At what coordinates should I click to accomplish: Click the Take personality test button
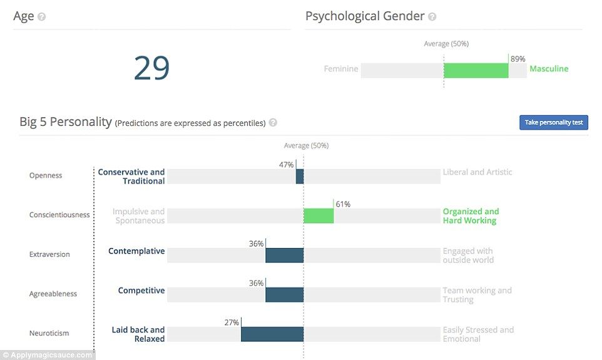pyautogui.click(x=553, y=122)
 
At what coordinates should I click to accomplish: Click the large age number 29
pyautogui.click(x=151, y=68)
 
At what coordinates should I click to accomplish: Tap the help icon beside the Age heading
pyautogui.click(x=42, y=17)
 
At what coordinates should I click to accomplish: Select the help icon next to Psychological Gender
pyautogui.click(x=432, y=17)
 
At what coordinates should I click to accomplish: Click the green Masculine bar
pyautogui.click(x=476, y=70)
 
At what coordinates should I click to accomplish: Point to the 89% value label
pyautogui.click(x=518, y=59)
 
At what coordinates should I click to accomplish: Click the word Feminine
pyautogui.click(x=341, y=69)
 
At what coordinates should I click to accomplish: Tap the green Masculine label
pyautogui.click(x=549, y=69)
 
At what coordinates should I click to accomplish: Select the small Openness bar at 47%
pyautogui.click(x=300, y=177)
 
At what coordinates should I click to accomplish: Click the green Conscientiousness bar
pyautogui.click(x=319, y=216)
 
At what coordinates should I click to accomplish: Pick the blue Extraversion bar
pyautogui.click(x=284, y=255)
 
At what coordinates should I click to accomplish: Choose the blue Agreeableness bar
pyautogui.click(x=284, y=295)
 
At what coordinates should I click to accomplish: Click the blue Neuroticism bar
pyautogui.click(x=272, y=334)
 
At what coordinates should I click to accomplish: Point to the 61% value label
pyautogui.click(x=343, y=204)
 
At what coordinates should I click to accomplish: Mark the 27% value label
pyautogui.click(x=232, y=322)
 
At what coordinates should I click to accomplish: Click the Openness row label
pyautogui.click(x=46, y=176)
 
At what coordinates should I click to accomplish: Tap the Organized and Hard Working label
pyautogui.click(x=471, y=216)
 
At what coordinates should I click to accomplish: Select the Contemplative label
pyautogui.click(x=136, y=251)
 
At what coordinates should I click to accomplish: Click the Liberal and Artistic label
pyautogui.click(x=477, y=172)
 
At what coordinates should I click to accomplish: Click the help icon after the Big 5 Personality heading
pyautogui.click(x=273, y=123)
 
